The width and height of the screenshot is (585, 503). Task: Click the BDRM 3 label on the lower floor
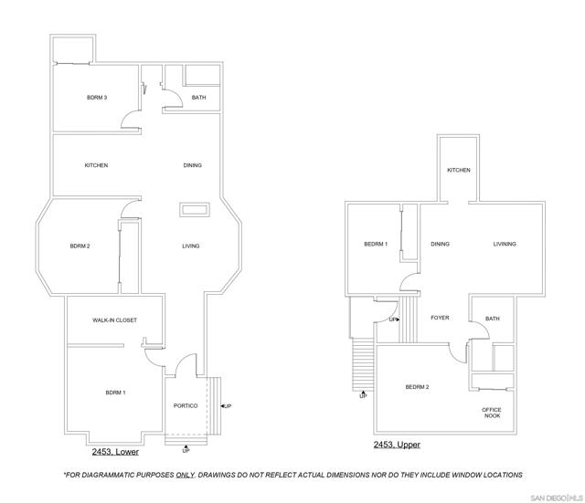[x=97, y=98]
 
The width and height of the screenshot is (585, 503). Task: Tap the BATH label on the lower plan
[x=199, y=98]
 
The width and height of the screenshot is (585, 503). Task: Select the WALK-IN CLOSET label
[x=114, y=320]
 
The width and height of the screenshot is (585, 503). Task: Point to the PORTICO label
[x=186, y=405]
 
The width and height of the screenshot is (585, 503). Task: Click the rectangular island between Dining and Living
[x=195, y=209]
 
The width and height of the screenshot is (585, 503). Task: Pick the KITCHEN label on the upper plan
[x=459, y=170]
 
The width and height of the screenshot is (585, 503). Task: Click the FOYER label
[x=440, y=318]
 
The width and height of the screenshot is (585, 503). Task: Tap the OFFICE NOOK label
[x=492, y=413]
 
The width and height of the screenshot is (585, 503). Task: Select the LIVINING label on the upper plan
[x=505, y=244]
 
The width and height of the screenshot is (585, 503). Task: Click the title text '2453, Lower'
[x=115, y=452]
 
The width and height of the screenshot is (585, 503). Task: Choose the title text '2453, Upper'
[x=397, y=445]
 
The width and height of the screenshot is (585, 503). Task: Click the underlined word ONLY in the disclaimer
[x=185, y=475]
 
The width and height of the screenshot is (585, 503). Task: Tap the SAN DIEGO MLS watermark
[x=557, y=498]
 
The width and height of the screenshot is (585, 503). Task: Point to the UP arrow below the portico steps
[x=186, y=446]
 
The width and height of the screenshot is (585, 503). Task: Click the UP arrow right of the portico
[x=223, y=405]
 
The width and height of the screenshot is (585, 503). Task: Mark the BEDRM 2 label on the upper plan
[x=417, y=387]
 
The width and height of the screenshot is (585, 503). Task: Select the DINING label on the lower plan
[x=193, y=165]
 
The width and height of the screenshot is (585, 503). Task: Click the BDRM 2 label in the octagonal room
[x=80, y=246]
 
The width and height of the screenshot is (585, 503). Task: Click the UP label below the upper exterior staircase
[x=363, y=396]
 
